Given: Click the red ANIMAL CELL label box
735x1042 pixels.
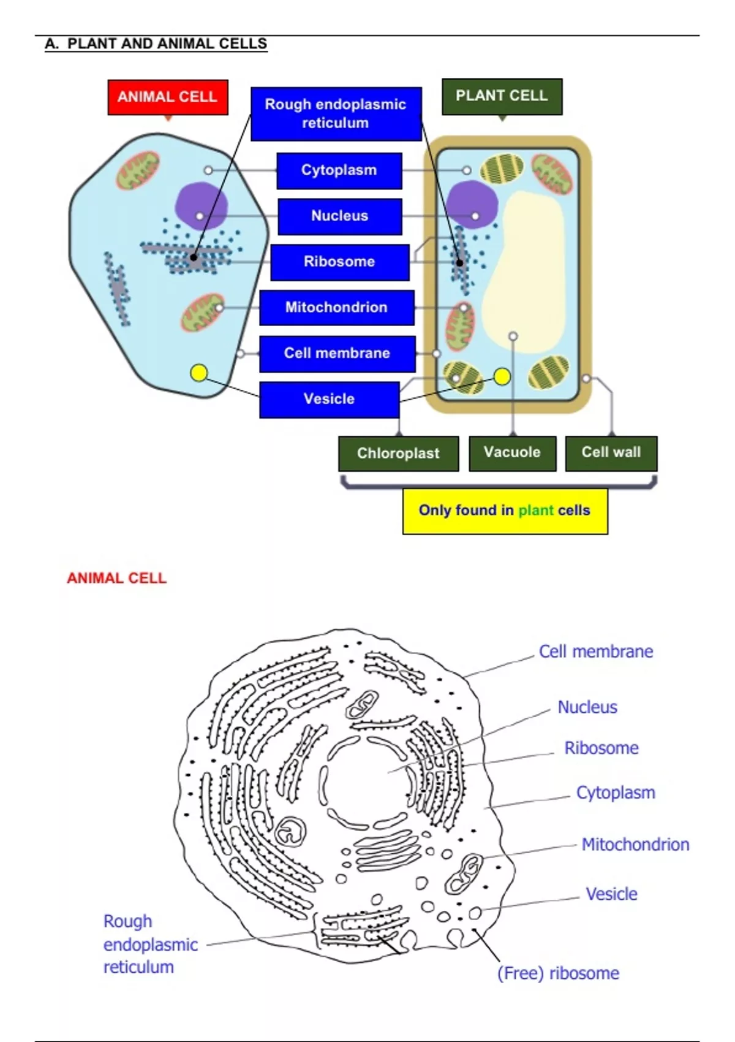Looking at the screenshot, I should [167, 97].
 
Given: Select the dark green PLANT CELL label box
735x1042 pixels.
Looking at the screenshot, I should [502, 96].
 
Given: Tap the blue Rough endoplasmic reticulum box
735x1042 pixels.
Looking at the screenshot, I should [336, 114].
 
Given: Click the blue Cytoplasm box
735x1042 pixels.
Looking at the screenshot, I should [339, 170].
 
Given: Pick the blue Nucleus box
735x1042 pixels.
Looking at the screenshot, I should [339, 216].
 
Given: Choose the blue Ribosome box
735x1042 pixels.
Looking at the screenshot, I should [339, 262].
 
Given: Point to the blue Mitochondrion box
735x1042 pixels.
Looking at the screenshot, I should [336, 307].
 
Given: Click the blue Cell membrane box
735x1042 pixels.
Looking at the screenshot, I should [337, 353].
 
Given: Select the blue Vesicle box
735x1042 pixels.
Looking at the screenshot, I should [329, 399].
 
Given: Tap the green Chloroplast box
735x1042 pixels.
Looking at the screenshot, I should [398, 454].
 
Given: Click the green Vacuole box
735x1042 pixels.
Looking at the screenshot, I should [512, 453].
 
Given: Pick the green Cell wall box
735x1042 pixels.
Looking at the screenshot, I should [611, 453].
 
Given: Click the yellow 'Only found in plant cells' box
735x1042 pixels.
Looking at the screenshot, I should [505, 511].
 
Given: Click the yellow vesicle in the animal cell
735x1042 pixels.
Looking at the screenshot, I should [199, 373].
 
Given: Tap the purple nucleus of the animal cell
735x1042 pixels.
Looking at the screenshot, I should [201, 205].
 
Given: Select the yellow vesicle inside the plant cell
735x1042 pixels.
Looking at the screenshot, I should [502, 377].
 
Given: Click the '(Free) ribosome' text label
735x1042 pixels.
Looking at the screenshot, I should [558, 973].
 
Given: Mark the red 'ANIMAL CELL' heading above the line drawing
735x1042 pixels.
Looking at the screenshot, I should [116, 578].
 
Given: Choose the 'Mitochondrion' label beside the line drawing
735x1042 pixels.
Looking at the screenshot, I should [635, 845].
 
